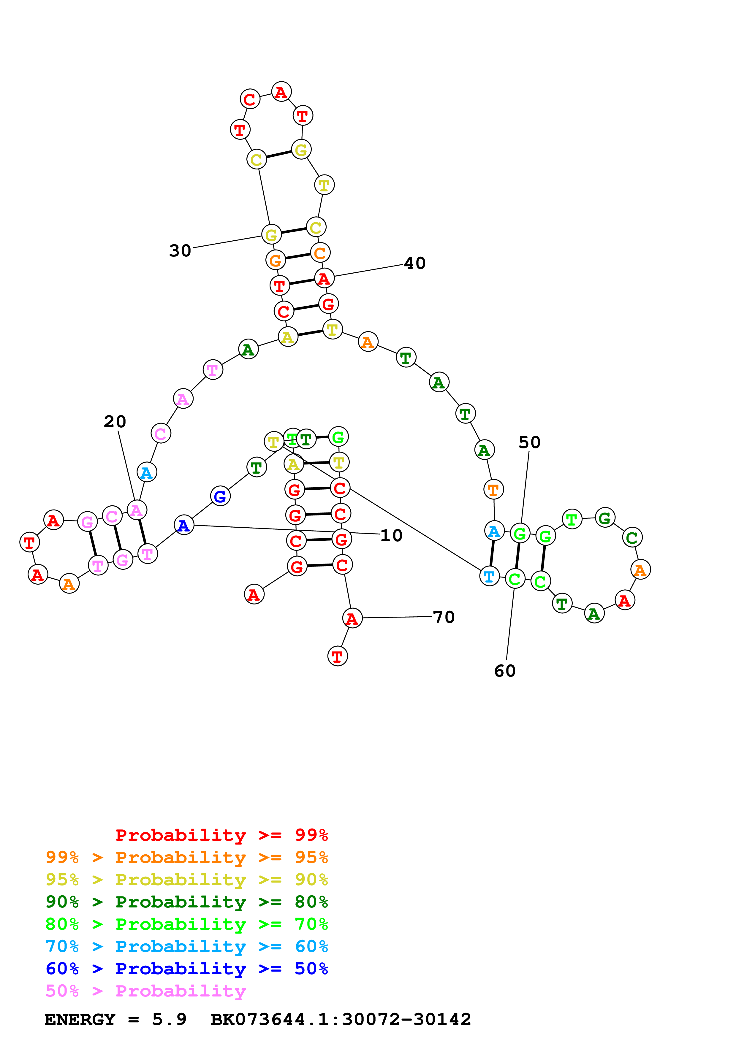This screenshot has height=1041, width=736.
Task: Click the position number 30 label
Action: click(180, 250)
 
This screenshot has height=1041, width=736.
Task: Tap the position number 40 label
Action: click(414, 263)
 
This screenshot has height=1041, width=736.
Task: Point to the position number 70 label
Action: click(444, 617)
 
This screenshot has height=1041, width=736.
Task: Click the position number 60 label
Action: click(505, 671)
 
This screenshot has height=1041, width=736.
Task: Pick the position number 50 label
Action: click(529, 442)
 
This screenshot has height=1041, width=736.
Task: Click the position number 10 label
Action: click(391, 535)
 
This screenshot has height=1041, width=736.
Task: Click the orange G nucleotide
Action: click(275, 260)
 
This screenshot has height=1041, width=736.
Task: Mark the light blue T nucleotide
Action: click(489, 576)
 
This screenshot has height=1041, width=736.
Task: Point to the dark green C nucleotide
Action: click(632, 537)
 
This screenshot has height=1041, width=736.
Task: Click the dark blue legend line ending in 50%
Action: click(186, 969)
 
